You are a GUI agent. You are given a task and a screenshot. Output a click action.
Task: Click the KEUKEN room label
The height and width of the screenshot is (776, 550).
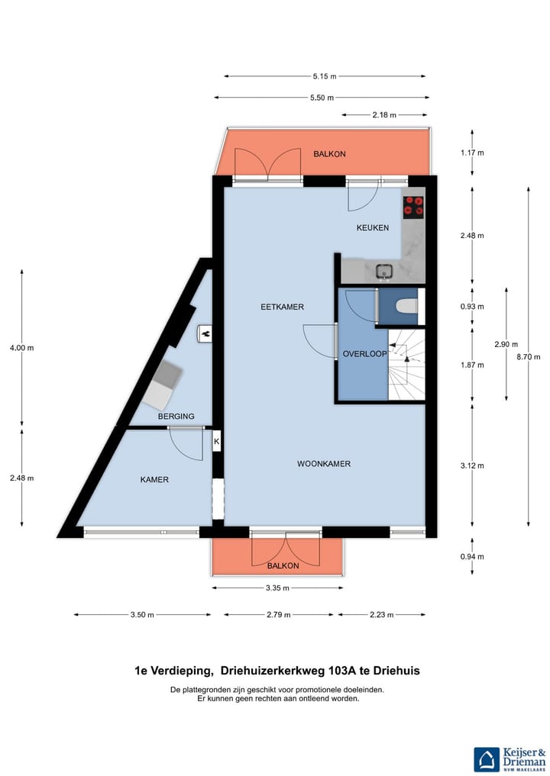[373, 228]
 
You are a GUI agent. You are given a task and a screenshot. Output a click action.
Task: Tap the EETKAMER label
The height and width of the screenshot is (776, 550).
[282, 308]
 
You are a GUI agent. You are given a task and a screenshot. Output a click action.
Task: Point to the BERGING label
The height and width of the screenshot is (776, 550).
[176, 417]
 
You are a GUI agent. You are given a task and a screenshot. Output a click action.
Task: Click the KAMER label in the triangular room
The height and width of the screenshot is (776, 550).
[154, 480]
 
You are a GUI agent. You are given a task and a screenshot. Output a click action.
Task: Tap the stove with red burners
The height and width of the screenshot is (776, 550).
[413, 207]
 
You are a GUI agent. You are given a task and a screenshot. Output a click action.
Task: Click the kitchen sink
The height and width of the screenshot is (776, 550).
[383, 271]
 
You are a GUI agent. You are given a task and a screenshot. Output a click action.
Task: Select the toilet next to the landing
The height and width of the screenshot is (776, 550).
[405, 307]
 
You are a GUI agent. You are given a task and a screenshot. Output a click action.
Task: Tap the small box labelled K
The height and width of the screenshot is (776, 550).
[216, 441]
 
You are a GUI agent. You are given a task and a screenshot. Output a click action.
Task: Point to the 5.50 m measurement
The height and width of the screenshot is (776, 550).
[322, 98]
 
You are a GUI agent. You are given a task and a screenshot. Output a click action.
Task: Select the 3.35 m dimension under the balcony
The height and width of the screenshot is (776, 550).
[277, 588]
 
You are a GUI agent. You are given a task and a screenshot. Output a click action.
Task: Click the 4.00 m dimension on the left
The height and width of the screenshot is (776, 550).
[22, 348]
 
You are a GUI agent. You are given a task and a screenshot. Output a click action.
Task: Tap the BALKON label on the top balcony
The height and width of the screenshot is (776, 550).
[329, 154]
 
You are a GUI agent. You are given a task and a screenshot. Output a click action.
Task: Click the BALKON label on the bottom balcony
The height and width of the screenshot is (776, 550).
[283, 566]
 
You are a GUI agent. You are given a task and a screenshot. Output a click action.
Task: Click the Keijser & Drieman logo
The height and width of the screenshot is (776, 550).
[509, 758]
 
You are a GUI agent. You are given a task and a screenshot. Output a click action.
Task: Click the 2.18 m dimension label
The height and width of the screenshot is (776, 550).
[384, 115]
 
